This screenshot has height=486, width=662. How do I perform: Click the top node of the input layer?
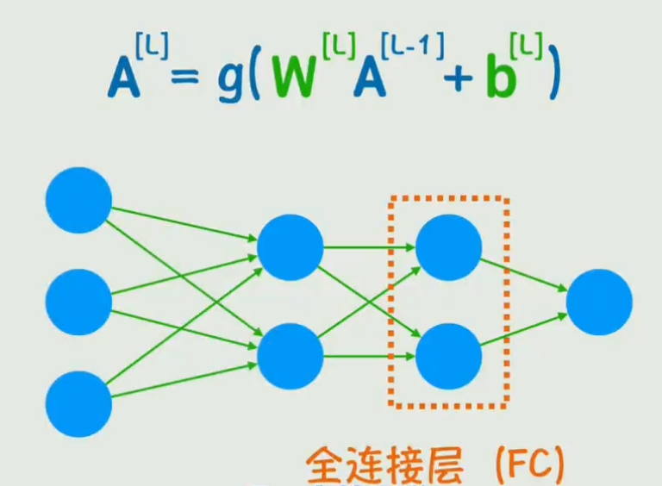pos(78,200)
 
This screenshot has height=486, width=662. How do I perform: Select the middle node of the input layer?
pos(78,302)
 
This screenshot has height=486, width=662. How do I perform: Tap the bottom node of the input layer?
pos(78,403)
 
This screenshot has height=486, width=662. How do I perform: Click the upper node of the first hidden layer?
pos(290,247)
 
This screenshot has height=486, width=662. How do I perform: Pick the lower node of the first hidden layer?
pos(290,353)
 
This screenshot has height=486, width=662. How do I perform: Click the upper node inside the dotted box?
pos(448,247)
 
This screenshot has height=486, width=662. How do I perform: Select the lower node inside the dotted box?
pos(448,354)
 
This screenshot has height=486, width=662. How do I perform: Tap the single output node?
pos(599,302)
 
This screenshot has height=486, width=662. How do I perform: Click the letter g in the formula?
pos(230,80)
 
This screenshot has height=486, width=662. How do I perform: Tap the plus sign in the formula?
pos(459,78)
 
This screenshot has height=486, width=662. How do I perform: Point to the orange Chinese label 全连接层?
pos(384,466)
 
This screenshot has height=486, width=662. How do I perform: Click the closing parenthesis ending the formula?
pos(551,78)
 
